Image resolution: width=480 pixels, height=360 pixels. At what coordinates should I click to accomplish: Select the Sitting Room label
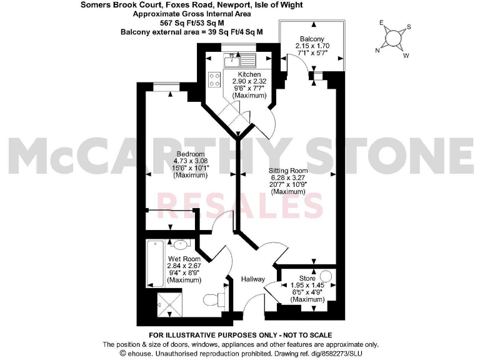click(288, 170)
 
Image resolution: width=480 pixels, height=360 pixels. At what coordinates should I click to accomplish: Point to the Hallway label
click(253, 279)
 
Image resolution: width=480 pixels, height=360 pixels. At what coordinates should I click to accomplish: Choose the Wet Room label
click(183, 259)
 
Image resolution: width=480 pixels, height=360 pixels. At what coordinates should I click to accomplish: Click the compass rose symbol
click(394, 39)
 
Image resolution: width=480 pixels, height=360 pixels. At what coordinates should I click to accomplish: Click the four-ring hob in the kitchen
click(214, 79)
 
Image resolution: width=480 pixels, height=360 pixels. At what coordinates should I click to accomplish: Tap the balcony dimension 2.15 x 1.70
click(311, 46)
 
